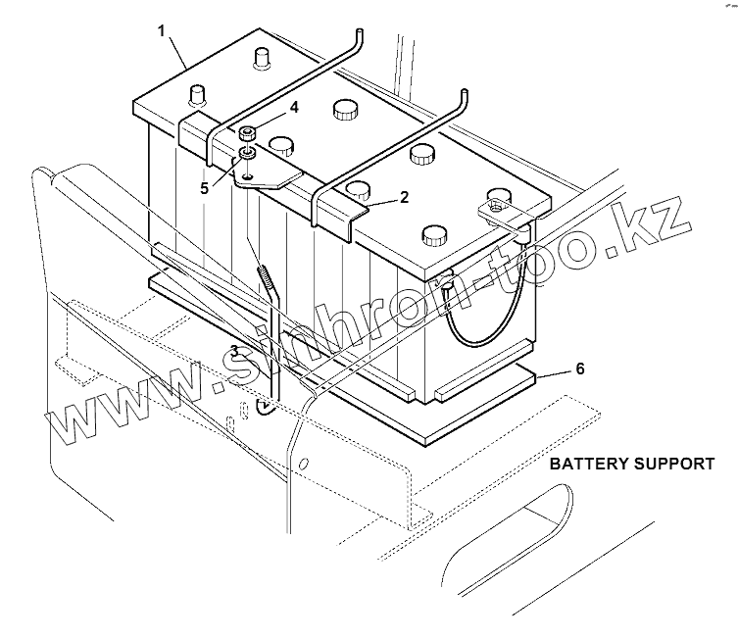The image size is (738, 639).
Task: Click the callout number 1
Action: click(x=162, y=30)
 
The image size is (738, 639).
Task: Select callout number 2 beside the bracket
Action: click(x=404, y=197)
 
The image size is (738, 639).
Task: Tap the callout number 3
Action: click(x=234, y=350)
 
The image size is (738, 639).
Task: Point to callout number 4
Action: click(x=293, y=108)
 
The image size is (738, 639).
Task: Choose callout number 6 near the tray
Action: click(x=579, y=369)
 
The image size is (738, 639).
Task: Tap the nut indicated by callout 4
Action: click(x=247, y=133)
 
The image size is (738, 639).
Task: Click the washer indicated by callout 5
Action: click(x=247, y=154)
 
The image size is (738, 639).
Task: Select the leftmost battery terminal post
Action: click(x=196, y=96)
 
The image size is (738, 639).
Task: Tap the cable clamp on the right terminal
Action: click(x=498, y=208)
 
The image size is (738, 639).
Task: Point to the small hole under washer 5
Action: click(x=248, y=175)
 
